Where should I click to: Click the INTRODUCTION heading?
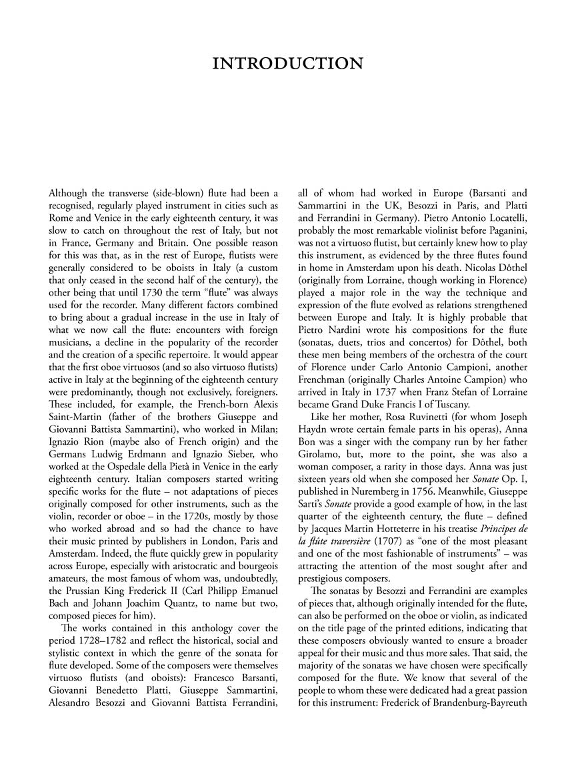(287, 64)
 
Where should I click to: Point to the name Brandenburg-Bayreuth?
(480, 718)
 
